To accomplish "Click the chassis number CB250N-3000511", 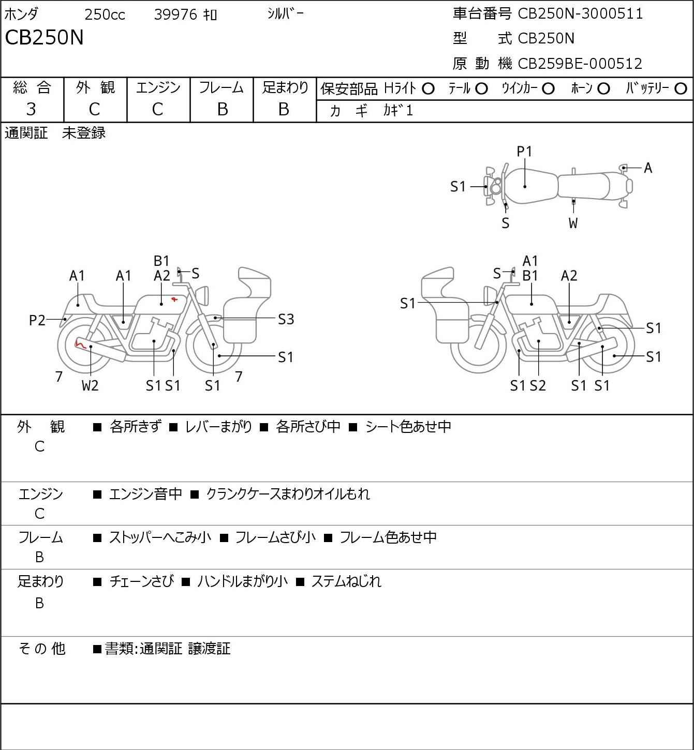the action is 580,13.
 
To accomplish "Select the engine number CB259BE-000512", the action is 580,64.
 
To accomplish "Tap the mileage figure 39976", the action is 176,14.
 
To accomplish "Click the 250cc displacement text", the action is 105,14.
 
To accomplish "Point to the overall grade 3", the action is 31,109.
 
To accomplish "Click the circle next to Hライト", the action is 428,89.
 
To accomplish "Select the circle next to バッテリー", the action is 681,89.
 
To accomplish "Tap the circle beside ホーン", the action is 603,89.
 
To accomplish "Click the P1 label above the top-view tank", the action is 524,152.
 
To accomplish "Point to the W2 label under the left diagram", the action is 90,385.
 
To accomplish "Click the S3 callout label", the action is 286,320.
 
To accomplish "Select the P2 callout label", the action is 37,320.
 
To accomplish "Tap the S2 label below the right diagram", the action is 538,385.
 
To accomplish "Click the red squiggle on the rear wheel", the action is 80,343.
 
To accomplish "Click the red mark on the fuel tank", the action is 174,299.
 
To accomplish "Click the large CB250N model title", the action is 44,37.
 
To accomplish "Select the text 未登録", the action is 83,133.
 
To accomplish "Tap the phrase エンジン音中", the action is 145,494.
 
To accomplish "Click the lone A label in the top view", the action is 648,168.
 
